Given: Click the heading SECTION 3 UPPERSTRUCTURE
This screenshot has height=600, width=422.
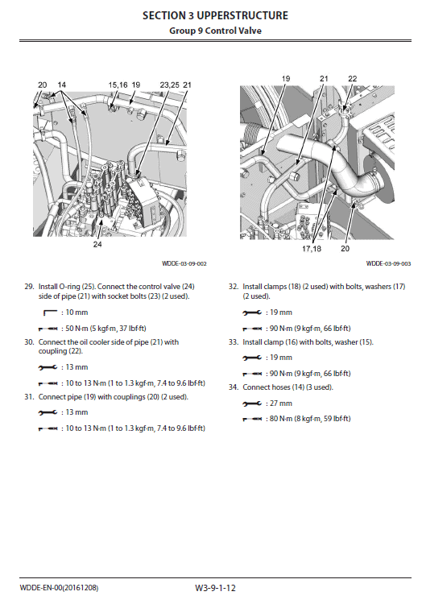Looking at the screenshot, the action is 215,15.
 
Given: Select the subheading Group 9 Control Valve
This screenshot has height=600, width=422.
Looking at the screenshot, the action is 215,31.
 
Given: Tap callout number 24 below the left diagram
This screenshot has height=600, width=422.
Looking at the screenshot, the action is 97,244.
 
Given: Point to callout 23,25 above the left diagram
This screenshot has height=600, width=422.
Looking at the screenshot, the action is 169,85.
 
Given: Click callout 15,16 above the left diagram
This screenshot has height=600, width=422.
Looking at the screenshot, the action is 118,85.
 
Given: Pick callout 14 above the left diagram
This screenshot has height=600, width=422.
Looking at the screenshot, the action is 61,85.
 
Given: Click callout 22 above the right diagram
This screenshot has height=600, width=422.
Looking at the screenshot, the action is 353,79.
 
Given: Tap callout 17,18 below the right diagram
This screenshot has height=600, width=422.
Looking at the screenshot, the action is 312,249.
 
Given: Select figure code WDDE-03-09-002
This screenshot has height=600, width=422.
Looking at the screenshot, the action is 184,263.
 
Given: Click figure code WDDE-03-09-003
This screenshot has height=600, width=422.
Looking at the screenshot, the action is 388,263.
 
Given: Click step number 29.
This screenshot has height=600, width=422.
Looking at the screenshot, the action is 29,287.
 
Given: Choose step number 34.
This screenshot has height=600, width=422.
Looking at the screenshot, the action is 234,387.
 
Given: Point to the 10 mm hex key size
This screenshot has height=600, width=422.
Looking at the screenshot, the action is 77,312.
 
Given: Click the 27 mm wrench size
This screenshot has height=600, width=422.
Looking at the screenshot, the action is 281,403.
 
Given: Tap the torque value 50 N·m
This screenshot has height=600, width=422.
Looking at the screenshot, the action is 77,329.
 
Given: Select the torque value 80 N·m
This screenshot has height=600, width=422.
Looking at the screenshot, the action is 281,419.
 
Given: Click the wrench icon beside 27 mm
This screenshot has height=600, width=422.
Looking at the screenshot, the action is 252,403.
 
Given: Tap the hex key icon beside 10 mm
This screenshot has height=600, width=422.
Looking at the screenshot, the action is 50,312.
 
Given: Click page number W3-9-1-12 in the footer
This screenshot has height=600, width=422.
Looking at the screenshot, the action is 215,588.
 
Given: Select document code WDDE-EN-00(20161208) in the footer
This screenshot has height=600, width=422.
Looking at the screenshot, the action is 59,588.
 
